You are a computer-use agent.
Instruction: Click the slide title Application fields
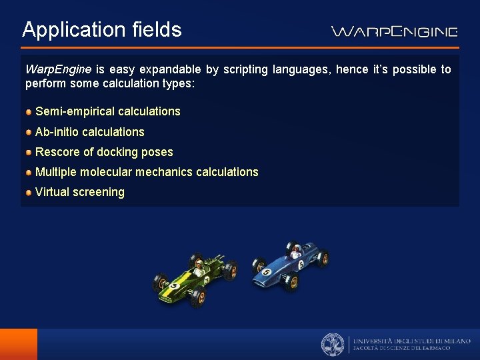coord(101,30)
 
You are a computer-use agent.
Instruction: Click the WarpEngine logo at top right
coord(395,31)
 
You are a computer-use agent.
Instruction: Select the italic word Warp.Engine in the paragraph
coord(58,69)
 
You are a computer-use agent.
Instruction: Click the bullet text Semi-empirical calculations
coord(107,111)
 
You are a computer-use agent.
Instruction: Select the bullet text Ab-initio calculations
coord(89,132)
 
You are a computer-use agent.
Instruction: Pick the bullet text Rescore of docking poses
coord(103,152)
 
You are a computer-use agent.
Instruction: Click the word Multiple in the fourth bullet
coord(56,172)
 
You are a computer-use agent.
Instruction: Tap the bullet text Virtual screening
coord(79,192)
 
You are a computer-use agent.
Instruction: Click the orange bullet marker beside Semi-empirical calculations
coord(29,112)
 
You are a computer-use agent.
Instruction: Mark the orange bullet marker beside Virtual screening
coord(29,193)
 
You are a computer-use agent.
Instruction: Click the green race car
coord(195,280)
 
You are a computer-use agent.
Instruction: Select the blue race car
coord(291,267)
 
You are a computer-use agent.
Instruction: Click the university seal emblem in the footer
coord(333,344)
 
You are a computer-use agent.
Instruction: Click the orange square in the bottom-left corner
coord(19,344)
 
